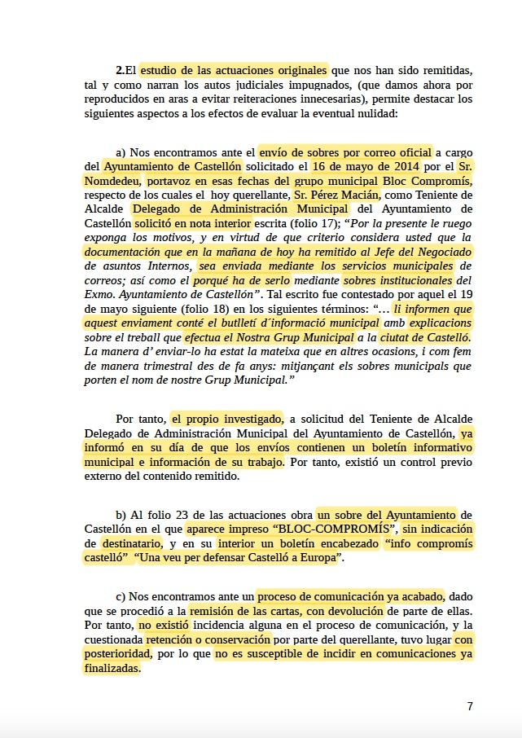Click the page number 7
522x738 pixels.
pos(470,706)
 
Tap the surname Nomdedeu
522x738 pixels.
pos(113,181)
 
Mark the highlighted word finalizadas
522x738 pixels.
pos(112,668)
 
